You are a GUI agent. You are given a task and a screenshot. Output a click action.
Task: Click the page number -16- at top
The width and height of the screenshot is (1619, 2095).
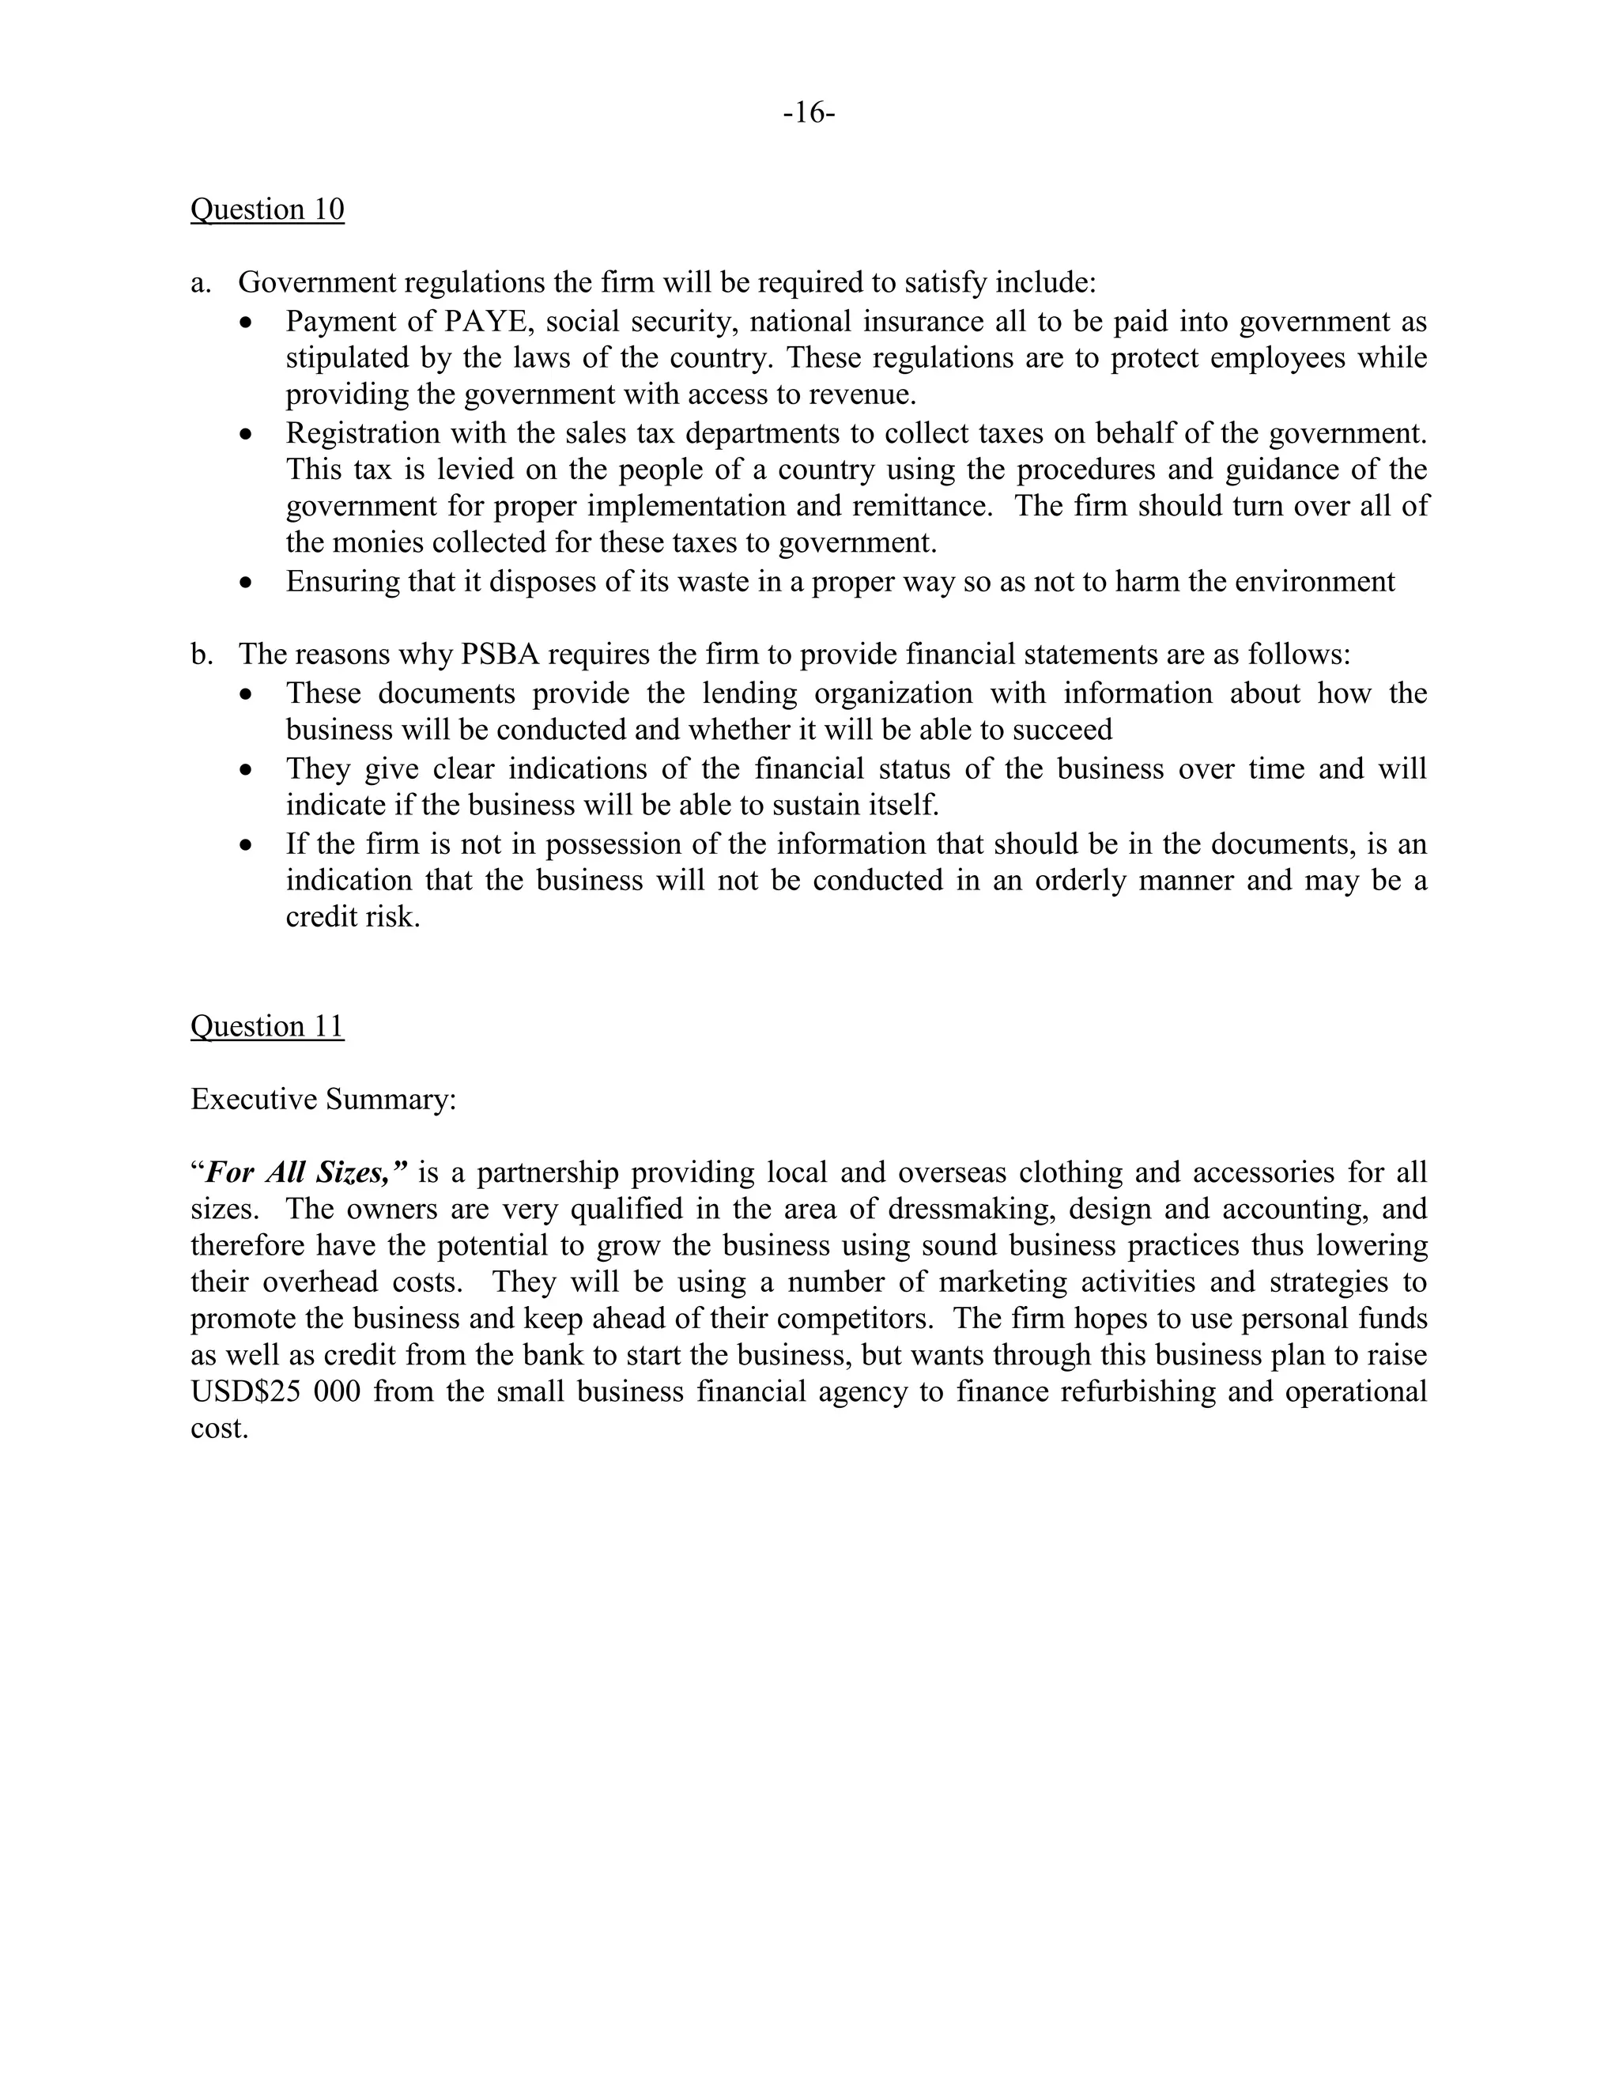809,113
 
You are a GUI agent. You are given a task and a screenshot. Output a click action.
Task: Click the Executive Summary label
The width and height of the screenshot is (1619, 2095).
323,1100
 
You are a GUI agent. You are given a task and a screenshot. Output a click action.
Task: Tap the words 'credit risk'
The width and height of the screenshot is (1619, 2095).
352,918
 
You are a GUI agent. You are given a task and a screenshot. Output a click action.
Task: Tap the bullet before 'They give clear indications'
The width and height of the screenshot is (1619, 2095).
247,770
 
